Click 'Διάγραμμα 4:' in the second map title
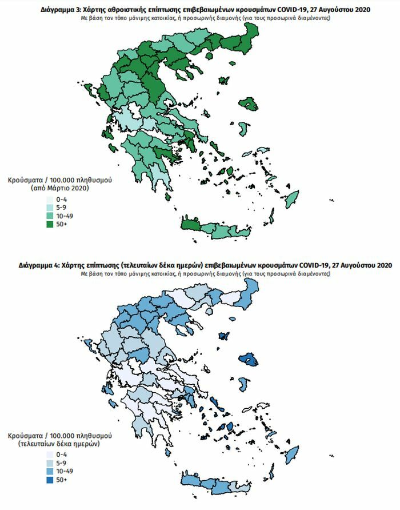38,265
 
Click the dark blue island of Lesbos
250,360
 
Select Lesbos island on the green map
250,105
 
